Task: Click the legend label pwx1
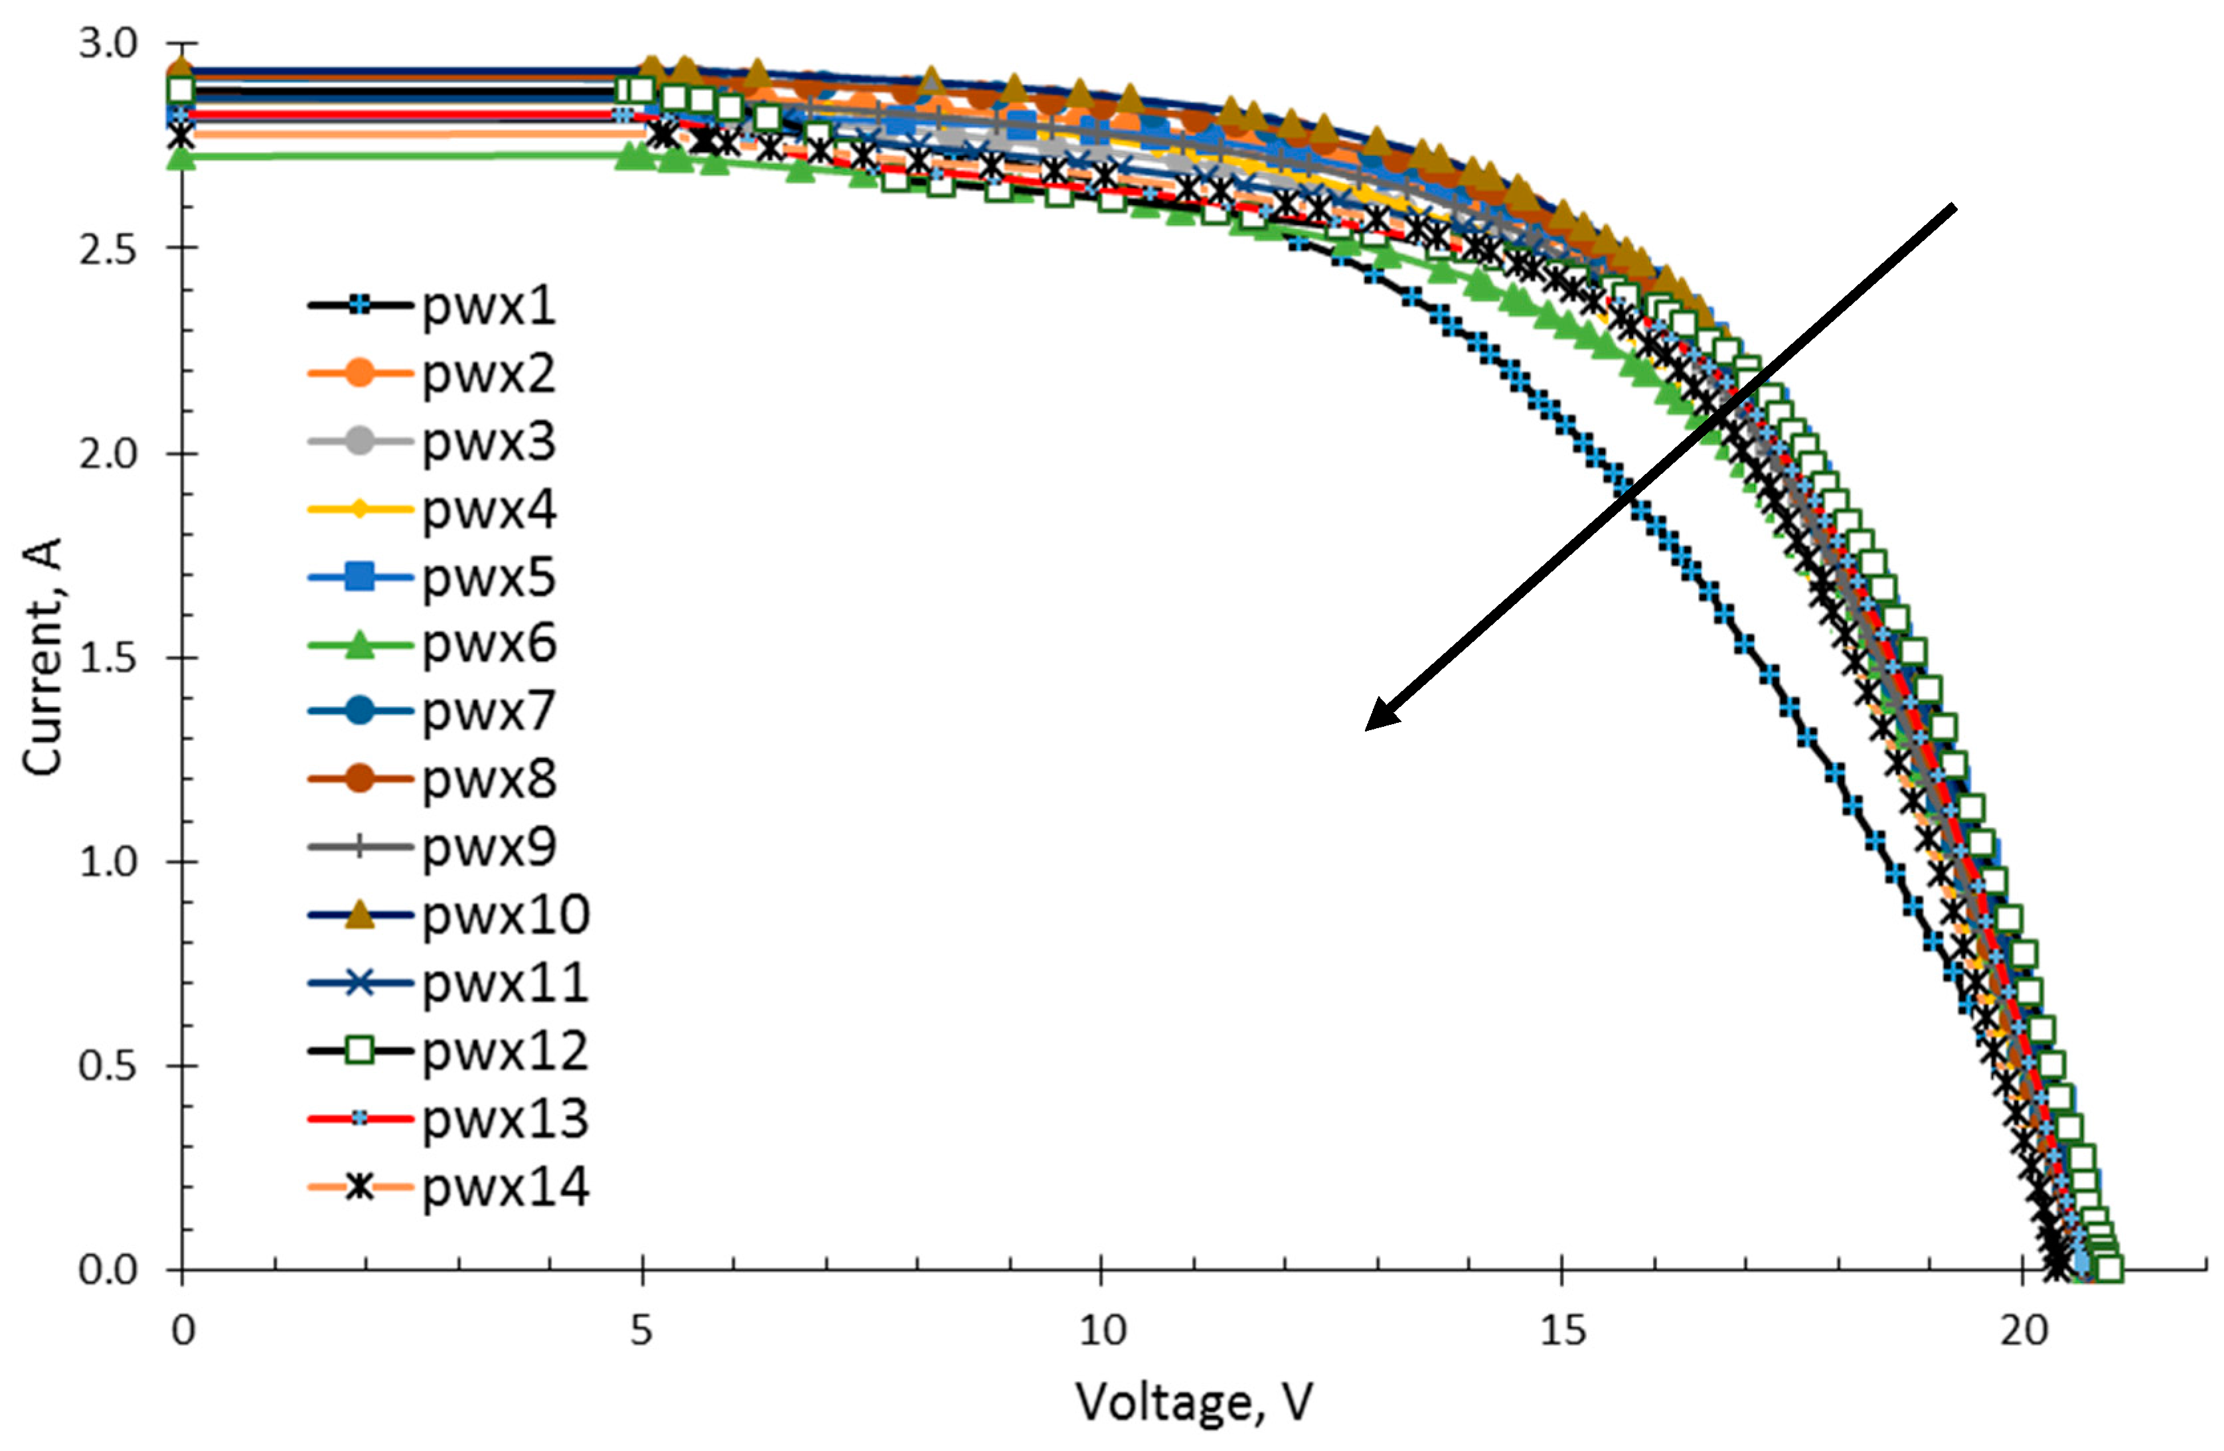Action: (489, 305)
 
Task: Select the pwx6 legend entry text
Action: (489, 645)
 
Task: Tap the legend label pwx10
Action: (505, 915)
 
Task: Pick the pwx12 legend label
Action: (505, 1051)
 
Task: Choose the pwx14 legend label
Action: (505, 1187)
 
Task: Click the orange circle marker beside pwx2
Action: (359, 374)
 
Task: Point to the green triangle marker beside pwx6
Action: (359, 645)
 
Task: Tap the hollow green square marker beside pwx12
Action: (359, 1051)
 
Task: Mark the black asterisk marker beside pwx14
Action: (359, 1187)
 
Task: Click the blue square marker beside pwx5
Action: (359, 576)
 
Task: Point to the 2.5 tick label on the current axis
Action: (108, 250)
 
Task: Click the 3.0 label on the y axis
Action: (108, 44)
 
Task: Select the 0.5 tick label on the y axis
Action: (108, 1066)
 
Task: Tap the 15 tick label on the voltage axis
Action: (1561, 1330)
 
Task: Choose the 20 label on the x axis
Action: (2023, 1330)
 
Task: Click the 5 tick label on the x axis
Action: (641, 1330)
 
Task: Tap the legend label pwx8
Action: (489, 779)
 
